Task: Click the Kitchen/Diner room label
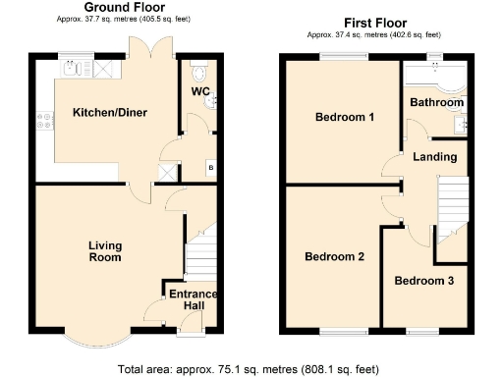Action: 110,113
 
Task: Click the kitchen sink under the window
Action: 73,70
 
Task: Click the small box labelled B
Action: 210,169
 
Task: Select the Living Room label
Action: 104,251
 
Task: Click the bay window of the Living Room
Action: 103,338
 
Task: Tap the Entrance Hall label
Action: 193,300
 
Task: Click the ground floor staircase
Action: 200,252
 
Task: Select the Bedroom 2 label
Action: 334,257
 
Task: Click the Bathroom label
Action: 436,102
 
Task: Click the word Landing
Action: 434,157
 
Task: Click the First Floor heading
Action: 376,22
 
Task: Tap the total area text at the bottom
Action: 248,370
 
